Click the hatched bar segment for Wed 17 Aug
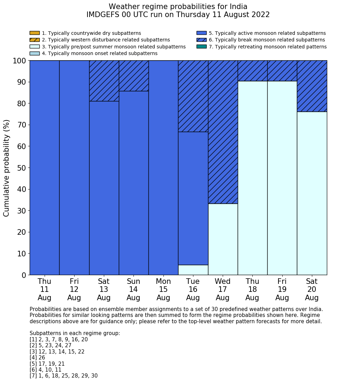[223, 132]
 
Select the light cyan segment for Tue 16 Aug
[193, 270]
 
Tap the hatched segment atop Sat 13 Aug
[104, 81]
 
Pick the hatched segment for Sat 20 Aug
[312, 86]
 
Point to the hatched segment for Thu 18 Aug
[252, 71]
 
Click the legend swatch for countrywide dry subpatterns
[35, 33]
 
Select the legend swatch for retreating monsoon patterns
[201, 47]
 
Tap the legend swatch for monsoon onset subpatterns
[35, 53]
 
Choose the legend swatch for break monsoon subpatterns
[201, 40]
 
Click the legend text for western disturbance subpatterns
[106, 40]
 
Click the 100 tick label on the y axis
[19, 61]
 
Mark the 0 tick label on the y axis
[24, 275]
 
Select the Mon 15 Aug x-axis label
[163, 289]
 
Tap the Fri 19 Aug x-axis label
[282, 289]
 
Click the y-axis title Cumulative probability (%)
[7, 168]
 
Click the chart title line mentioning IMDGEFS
[178, 15]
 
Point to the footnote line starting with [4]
[37, 358]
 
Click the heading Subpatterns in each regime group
[75, 333]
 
